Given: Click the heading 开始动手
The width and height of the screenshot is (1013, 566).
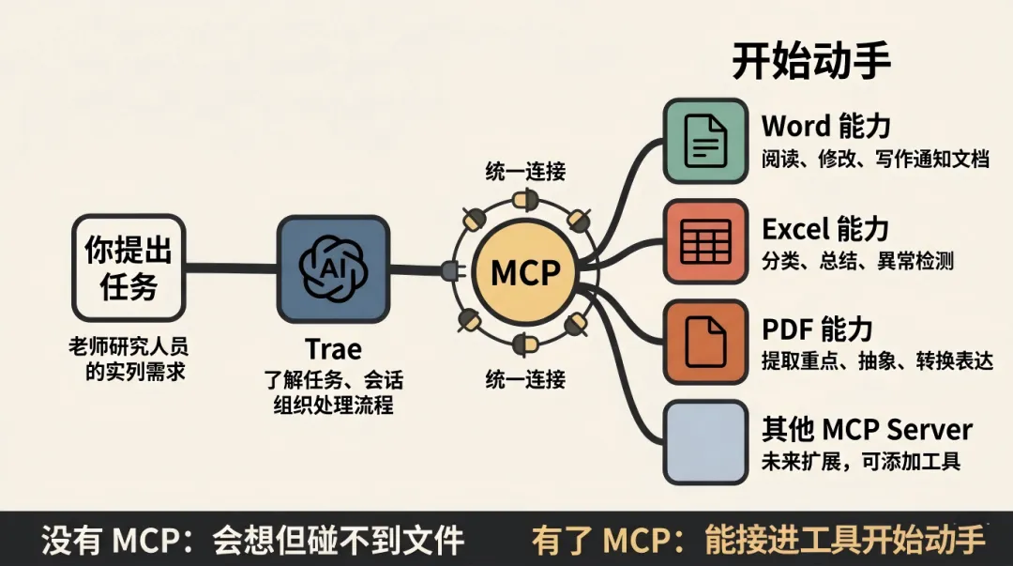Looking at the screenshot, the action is (810, 63).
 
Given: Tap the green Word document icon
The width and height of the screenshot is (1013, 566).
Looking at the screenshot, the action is (705, 141).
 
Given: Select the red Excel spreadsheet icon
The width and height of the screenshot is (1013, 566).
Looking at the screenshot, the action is (705, 241).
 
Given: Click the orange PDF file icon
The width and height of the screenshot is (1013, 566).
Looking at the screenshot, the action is (705, 342).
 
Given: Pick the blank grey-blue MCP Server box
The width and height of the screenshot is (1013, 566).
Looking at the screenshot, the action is (705, 441).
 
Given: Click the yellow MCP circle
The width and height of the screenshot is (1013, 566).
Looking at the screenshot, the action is (525, 272).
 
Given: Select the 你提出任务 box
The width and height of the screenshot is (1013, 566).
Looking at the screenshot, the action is (129, 268).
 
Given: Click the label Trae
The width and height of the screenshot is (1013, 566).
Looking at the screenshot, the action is (333, 350).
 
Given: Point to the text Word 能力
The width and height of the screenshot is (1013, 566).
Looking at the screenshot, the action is (825, 126).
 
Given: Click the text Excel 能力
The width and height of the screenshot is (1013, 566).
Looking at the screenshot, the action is (825, 228).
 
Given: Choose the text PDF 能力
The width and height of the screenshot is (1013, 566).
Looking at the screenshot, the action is (817, 329).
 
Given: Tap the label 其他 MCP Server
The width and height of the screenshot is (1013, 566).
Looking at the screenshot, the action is (867, 430).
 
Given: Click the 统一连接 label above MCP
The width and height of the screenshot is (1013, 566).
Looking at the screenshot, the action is (525, 172).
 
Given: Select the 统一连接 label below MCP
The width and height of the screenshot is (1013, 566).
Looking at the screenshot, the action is (525, 380).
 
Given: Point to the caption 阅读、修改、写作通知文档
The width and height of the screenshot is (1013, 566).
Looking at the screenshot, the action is (875, 159).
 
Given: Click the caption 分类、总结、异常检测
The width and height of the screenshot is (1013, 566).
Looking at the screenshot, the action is (857, 261).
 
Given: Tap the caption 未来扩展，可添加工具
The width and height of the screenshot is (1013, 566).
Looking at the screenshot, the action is (861, 462).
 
